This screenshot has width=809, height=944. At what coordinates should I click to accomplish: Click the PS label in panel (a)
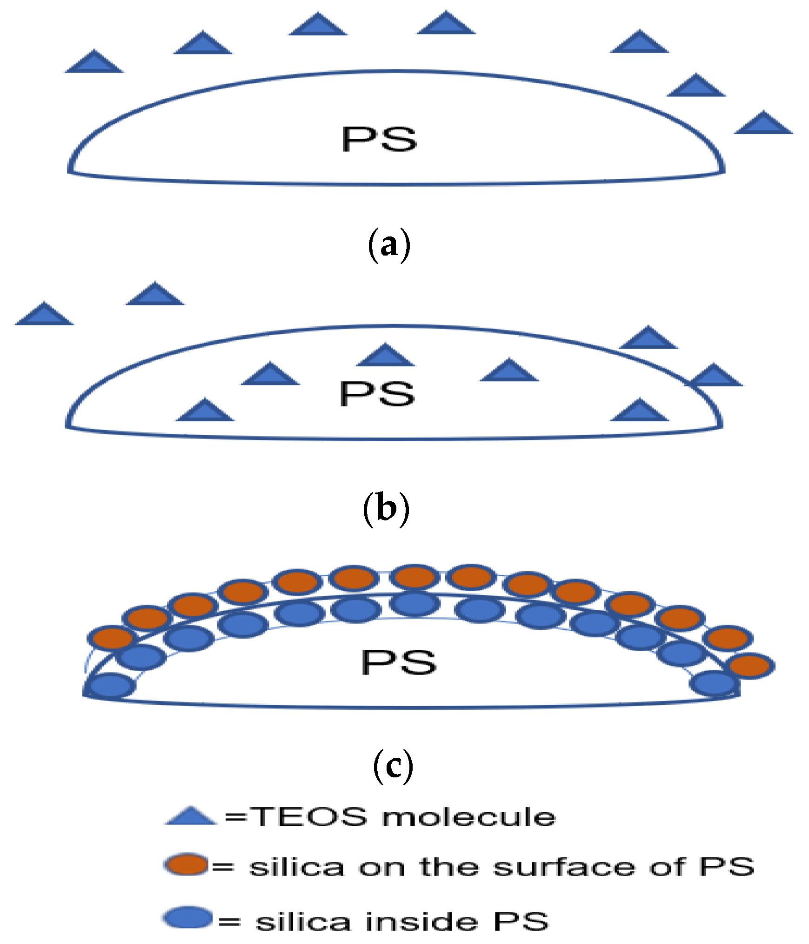379,139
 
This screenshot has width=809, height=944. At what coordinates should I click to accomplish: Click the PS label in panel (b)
377,393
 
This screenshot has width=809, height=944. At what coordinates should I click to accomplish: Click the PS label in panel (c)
399,662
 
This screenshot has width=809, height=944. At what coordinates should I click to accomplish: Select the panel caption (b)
386,508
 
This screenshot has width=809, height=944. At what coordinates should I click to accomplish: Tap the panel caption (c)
393,766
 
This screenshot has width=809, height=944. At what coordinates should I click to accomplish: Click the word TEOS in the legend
309,817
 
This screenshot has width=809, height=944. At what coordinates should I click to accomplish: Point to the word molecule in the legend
469,817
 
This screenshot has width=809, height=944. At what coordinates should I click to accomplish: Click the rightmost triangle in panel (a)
763,124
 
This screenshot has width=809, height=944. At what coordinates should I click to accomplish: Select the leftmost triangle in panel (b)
44,315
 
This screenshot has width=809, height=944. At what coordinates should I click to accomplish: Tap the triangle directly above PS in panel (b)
385,357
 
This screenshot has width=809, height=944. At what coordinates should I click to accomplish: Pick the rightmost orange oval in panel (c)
751,666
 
